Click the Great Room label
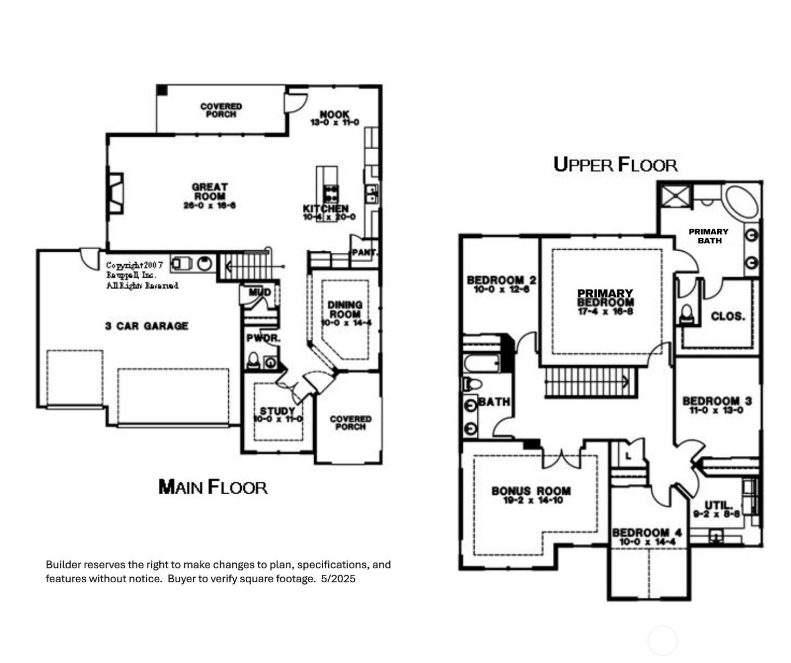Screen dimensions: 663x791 point(210,191)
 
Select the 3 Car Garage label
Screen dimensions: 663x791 point(146,326)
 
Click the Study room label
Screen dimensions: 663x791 point(277,411)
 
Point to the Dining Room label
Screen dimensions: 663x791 point(345,309)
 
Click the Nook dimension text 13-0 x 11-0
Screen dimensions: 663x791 point(334,123)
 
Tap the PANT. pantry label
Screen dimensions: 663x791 point(364,252)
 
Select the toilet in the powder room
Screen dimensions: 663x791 point(254,361)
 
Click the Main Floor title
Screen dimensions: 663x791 point(212,486)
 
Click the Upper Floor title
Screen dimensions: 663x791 point(615,164)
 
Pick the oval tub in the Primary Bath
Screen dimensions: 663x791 point(742,202)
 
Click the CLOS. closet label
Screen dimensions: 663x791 point(728,316)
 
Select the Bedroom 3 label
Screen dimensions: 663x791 point(716,402)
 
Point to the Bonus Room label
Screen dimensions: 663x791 point(531,491)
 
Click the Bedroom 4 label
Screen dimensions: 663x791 point(647,533)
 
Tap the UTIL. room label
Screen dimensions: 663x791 point(718,505)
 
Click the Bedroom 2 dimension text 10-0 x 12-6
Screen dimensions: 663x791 point(501,290)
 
